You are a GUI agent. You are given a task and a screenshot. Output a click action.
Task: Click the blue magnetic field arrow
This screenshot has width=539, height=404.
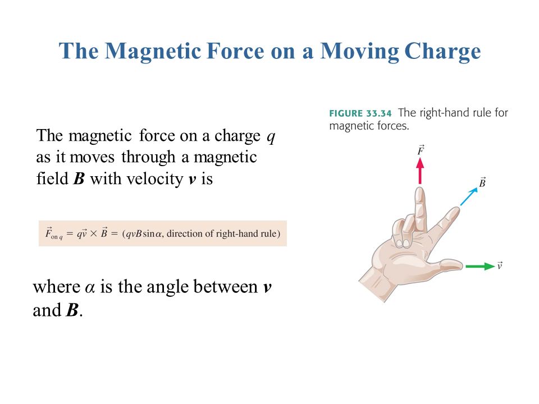469,197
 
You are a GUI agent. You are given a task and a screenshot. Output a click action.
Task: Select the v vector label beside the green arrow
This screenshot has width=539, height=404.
499,265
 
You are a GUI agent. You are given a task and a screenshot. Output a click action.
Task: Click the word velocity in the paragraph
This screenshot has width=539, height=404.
155,180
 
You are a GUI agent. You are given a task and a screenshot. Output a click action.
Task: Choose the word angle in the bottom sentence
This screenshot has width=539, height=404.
168,288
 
